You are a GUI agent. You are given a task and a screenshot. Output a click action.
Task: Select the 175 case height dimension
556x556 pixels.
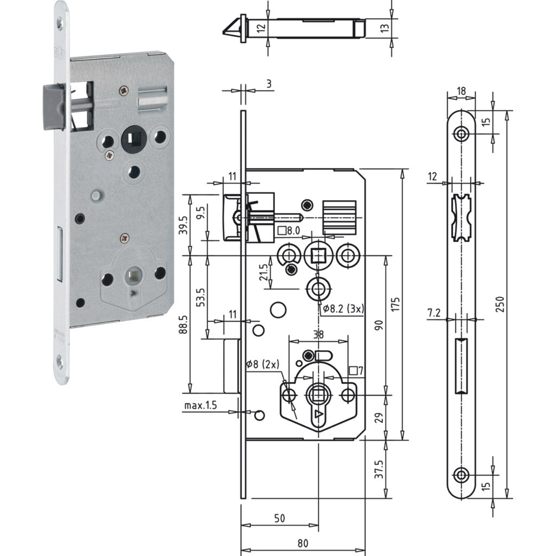(x=395, y=304)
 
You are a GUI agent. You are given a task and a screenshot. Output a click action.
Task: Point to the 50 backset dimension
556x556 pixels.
(x=279, y=519)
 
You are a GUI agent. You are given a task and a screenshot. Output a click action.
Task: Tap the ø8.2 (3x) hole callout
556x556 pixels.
(x=344, y=308)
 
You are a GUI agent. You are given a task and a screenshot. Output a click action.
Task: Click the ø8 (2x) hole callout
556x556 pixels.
(x=262, y=364)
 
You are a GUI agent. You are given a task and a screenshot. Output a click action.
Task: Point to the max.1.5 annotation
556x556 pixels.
(x=201, y=406)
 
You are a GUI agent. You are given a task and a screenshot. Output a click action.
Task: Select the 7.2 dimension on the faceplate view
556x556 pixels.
(x=433, y=313)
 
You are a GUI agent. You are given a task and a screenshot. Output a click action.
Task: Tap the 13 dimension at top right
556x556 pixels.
(x=400, y=28)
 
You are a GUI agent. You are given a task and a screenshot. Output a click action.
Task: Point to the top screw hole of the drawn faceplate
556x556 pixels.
(x=462, y=134)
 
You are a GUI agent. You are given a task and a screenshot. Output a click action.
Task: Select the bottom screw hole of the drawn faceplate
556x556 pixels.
(x=462, y=475)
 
